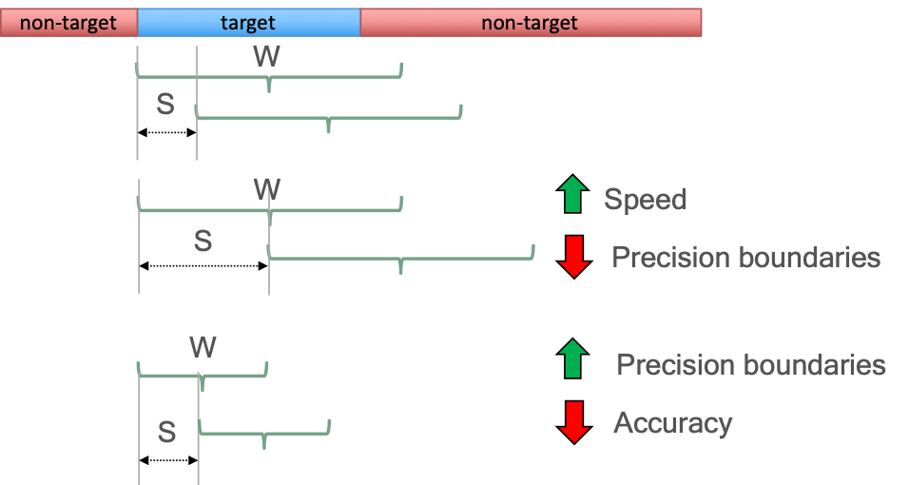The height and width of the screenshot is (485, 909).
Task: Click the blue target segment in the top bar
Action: (x=248, y=23)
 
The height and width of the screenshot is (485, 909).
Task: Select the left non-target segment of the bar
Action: (x=68, y=23)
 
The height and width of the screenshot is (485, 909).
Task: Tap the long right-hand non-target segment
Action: (x=531, y=23)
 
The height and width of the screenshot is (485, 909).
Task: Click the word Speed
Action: (x=645, y=200)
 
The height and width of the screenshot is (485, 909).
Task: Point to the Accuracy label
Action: (x=673, y=422)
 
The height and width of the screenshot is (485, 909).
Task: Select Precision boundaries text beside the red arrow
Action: (x=745, y=258)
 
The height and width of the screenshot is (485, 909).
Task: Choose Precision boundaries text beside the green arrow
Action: (x=751, y=365)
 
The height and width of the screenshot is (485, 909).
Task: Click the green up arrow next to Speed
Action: (x=571, y=194)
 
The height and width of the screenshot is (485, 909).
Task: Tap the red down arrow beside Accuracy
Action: (x=572, y=422)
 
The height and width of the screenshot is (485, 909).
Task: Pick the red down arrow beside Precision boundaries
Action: (x=572, y=257)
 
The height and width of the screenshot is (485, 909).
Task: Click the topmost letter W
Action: (x=266, y=56)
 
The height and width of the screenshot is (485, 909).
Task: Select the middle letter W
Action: (x=267, y=189)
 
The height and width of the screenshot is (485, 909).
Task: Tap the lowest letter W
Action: (x=203, y=347)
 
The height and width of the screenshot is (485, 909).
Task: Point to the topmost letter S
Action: (x=165, y=106)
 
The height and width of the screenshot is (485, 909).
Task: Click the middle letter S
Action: (x=203, y=241)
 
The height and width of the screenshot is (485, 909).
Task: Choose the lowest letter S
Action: (x=166, y=433)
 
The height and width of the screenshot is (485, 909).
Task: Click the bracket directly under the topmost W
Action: (x=270, y=76)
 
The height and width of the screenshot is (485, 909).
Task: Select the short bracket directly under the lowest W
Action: (x=203, y=376)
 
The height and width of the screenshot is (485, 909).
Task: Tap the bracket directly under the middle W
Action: (x=270, y=210)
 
